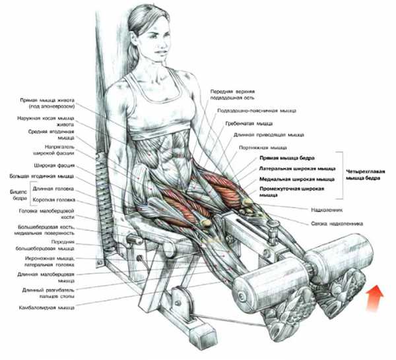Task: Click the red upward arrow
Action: coord(375,297)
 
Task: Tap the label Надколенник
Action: coord(327,210)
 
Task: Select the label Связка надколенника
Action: coord(337,224)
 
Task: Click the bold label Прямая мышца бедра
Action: coord(287,158)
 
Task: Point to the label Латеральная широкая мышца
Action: coord(298,169)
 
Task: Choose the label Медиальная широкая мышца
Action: coord(297,179)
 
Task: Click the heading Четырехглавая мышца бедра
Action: coord(365,175)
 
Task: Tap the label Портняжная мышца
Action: coord(263,148)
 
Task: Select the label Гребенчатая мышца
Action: coord(249,123)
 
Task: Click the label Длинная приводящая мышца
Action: coord(269,135)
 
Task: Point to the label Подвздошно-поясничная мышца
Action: coord(257,111)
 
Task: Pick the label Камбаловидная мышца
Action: coord(47,308)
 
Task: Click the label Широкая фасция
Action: coord(55,165)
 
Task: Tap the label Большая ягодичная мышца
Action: coord(42,176)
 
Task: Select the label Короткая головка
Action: coord(54,200)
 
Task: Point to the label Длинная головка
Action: coord(53,189)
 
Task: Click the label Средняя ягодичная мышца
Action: coord(51,135)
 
